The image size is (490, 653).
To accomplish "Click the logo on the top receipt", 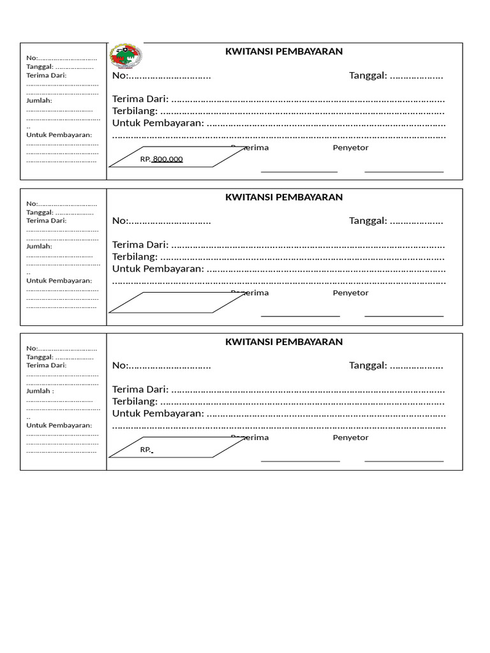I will point(126,56).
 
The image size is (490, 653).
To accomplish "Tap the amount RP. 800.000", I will point(162,159).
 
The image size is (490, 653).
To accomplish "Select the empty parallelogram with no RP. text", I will point(177,302).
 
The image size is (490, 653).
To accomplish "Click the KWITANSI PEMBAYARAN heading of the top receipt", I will point(284,52).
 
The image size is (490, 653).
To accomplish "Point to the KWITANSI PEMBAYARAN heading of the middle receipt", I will point(284,197).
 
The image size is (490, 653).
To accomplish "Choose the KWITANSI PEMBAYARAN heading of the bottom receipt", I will point(284,342).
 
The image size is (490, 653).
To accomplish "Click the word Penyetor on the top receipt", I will point(350,148).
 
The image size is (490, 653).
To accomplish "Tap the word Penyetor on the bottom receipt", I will point(350,437).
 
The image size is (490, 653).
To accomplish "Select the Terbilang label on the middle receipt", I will point(135,256).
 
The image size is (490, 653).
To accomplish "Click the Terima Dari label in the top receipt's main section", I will point(140,99).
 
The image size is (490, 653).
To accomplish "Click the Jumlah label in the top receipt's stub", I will point(39,100).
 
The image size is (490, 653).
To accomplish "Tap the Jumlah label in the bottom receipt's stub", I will point(40,390).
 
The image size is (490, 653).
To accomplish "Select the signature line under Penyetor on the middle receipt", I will point(404,316).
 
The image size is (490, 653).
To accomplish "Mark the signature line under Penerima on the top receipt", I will point(299,172).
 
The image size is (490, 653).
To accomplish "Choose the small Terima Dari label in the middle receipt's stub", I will point(46,220).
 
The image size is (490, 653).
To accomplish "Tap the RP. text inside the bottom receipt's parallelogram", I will point(146,450).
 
